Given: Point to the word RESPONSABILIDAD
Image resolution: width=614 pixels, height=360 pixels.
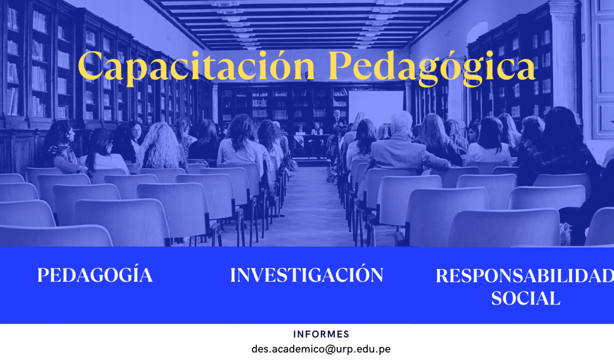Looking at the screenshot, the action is tap(525, 276).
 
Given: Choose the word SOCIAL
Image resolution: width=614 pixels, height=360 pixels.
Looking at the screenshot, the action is tap(526, 298).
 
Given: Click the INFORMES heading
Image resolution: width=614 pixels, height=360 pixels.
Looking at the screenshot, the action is tap(321, 334).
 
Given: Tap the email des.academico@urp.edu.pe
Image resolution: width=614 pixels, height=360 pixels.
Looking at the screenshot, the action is tap(321, 349).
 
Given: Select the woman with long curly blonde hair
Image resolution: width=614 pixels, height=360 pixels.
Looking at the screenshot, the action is tap(161, 145).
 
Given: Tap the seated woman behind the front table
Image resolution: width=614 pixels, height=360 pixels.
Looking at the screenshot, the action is tap(317, 129).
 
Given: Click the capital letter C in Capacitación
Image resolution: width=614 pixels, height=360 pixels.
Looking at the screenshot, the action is tap(90, 65).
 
